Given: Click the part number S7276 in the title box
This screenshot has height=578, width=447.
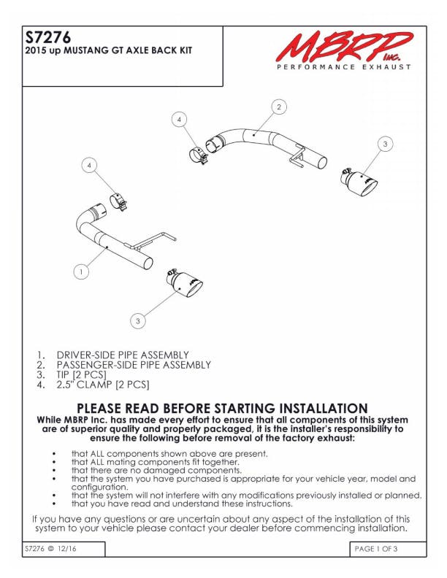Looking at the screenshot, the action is point(48,37).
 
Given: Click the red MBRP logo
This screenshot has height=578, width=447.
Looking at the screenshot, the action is point(345,47).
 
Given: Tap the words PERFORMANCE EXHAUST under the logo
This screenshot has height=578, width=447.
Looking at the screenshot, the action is point(344,67).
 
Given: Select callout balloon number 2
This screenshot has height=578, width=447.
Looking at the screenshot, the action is point(279,107).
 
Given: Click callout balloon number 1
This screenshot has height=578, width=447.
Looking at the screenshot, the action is point(81,272).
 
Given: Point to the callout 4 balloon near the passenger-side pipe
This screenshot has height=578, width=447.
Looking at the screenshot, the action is point(179,120).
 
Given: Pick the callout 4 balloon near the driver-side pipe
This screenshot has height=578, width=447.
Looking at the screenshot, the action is point(89,166).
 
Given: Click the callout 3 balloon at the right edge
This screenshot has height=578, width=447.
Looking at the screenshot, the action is point(386,144).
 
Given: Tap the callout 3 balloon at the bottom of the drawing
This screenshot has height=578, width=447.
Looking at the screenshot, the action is point(138,320).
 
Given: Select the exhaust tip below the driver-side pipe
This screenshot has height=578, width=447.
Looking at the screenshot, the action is point(184,283).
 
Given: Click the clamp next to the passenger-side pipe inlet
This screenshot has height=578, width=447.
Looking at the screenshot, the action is point(199,156).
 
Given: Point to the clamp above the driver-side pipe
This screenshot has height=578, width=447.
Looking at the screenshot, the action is point(118,202).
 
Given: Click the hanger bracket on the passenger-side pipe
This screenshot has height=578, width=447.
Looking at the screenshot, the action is point(297,155).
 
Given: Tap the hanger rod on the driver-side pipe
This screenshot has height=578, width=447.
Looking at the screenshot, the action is point(151,242).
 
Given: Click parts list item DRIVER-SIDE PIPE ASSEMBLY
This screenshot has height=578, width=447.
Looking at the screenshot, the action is point(123,355).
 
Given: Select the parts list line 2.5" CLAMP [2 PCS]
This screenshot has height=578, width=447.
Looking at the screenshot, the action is point(103,385).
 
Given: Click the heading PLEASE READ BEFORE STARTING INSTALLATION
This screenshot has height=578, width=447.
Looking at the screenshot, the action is point(222,409).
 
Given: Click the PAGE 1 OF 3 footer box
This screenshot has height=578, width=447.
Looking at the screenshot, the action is point(388,549).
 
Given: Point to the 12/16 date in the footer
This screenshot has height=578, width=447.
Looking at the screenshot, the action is point(66,549).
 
